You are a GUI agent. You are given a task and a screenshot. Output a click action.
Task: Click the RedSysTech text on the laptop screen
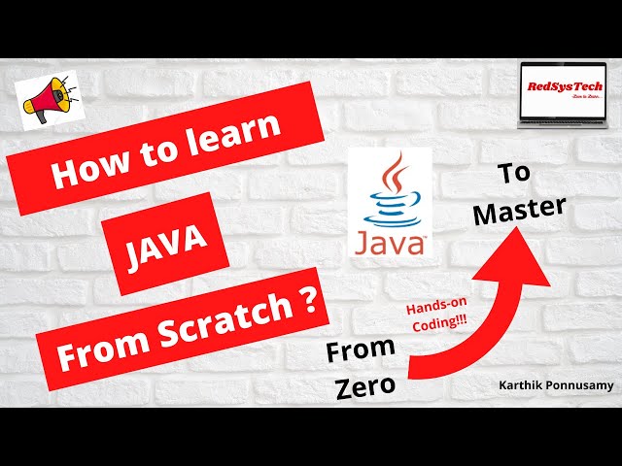pos(565,86)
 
